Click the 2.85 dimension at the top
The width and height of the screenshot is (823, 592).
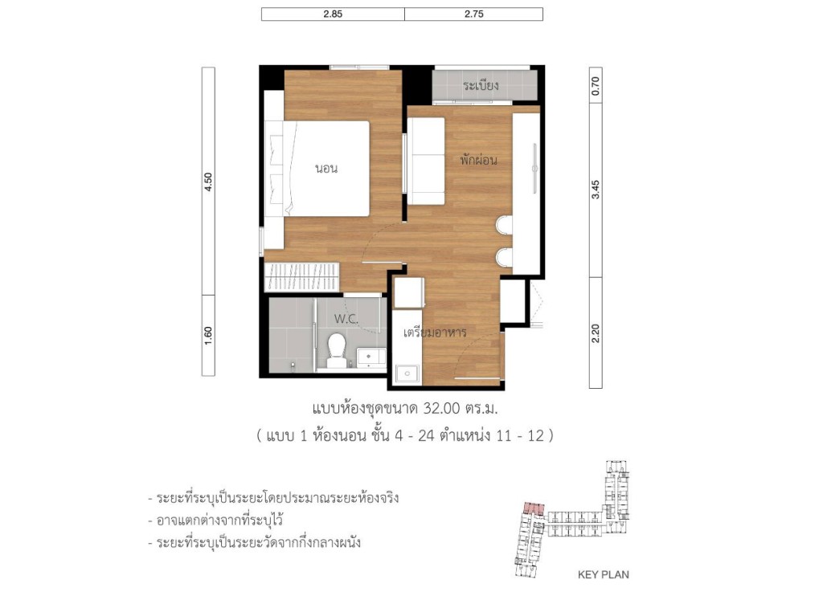click(x=333, y=14)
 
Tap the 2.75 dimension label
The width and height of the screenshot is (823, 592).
click(x=473, y=14)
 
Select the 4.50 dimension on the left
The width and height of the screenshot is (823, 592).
click(x=208, y=182)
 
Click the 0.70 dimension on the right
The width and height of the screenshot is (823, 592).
click(x=596, y=86)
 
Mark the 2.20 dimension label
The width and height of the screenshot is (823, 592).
click(x=596, y=333)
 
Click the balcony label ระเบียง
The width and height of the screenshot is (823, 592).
click(x=481, y=85)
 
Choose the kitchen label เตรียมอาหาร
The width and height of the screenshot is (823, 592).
click(x=435, y=332)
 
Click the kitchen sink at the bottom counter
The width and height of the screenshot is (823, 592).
click(x=407, y=374)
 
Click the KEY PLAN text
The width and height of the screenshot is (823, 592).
click(x=603, y=574)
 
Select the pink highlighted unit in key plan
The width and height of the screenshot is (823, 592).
click(x=533, y=508)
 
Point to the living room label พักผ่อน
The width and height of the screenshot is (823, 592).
click(x=478, y=160)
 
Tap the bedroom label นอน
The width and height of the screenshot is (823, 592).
click(x=326, y=169)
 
